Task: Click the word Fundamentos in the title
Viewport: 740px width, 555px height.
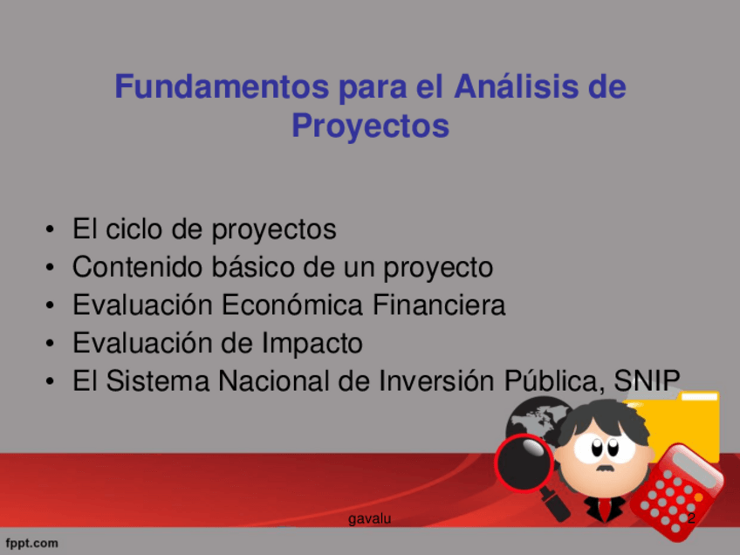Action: [222, 86]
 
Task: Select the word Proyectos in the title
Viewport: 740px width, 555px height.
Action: [371, 127]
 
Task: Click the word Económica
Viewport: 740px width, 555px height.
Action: [292, 305]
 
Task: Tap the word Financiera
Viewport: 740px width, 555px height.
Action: [439, 305]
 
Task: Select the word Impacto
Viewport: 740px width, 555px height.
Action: [312, 343]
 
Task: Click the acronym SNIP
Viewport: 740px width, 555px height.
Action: [647, 380]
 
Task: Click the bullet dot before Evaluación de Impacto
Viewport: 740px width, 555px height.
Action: [50, 344]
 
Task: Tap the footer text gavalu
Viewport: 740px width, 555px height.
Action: [369, 518]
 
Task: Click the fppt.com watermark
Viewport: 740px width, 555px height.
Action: [31, 543]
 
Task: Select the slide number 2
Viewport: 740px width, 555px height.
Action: [691, 517]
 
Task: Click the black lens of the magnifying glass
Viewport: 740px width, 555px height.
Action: [524, 462]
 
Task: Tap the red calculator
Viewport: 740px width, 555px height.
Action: [676, 493]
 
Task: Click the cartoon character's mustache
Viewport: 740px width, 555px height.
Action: [605, 469]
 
